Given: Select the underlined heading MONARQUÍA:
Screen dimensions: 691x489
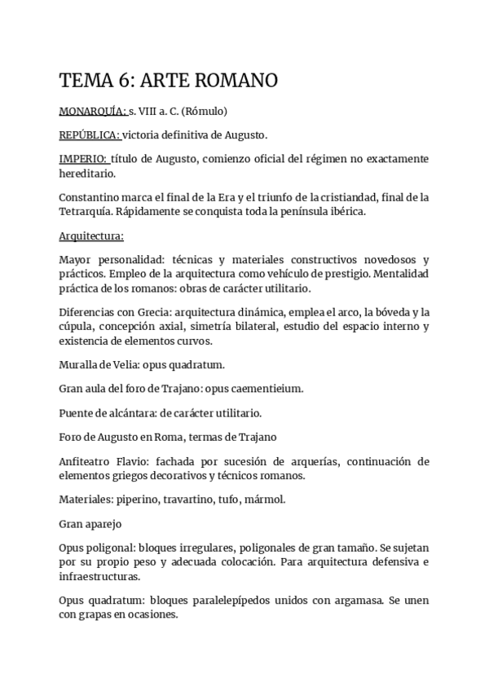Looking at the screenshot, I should (93, 110).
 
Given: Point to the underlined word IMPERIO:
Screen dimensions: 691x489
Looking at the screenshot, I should (84, 158).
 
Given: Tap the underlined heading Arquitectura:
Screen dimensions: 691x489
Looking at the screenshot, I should (92, 236).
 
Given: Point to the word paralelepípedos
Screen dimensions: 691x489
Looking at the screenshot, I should (222, 601).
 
